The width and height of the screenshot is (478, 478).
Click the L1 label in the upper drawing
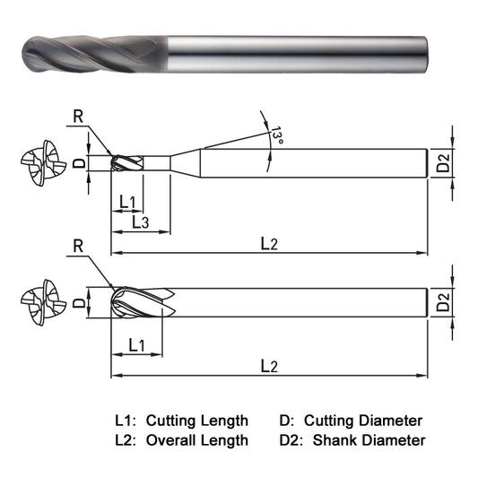[126, 202]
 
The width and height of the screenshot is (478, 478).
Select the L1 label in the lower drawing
[137, 344]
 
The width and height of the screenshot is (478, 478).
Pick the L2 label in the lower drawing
[267, 366]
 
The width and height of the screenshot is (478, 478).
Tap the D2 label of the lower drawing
[444, 303]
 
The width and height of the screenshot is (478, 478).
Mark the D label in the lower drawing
[79, 302]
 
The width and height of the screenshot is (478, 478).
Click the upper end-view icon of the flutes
[42, 164]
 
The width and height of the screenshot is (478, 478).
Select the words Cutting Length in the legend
[197, 420]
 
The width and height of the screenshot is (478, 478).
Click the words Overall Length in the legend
[197, 439]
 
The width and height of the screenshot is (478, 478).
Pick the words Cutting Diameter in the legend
[363, 420]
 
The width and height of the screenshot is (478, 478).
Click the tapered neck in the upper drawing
[186, 163]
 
